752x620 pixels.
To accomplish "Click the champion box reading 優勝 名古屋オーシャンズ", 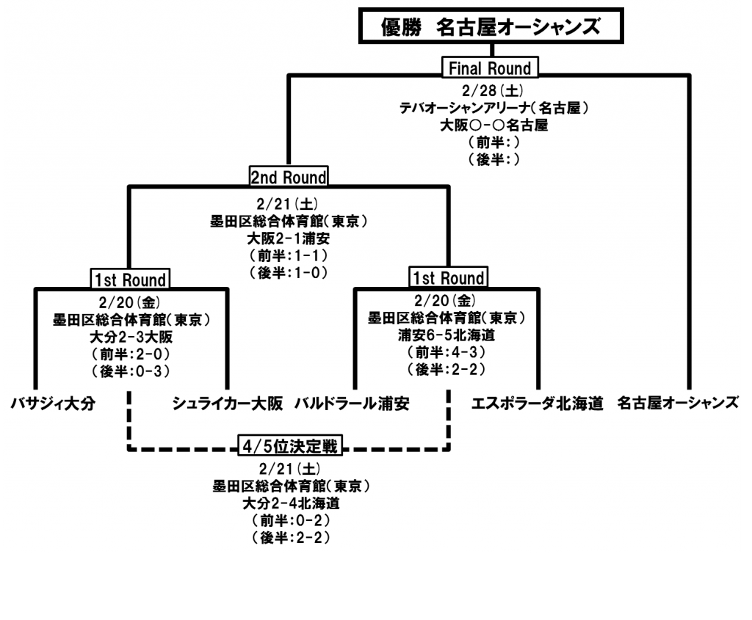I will [x=491, y=28].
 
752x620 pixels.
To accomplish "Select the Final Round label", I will [x=490, y=69].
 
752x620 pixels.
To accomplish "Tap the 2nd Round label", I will [x=289, y=177].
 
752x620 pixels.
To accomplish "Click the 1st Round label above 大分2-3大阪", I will [x=130, y=279].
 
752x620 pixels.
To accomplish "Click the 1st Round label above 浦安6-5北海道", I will [x=447, y=279].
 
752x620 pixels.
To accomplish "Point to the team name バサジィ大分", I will [x=53, y=404].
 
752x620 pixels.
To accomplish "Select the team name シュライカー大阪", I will [x=228, y=404].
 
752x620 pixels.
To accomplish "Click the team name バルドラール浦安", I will [x=352, y=404].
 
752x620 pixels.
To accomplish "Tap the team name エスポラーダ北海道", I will [x=537, y=404].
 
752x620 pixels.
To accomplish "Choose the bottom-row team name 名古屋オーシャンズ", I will [x=677, y=404].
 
